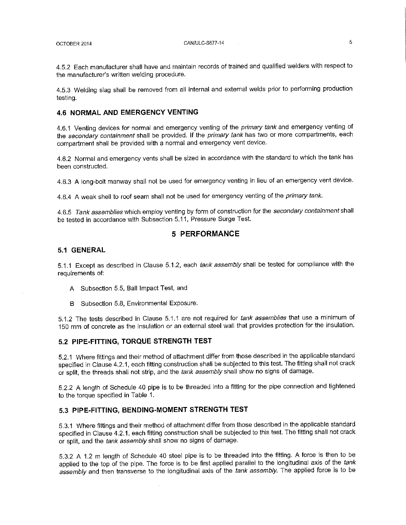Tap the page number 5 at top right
coord(350,42)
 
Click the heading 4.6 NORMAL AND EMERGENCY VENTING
coord(128,112)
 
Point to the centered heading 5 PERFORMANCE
coord(205,234)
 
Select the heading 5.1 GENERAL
coord(81,250)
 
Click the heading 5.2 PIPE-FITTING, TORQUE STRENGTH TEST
coord(135,341)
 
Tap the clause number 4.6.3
coord(64,182)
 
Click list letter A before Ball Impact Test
coord(72,289)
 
